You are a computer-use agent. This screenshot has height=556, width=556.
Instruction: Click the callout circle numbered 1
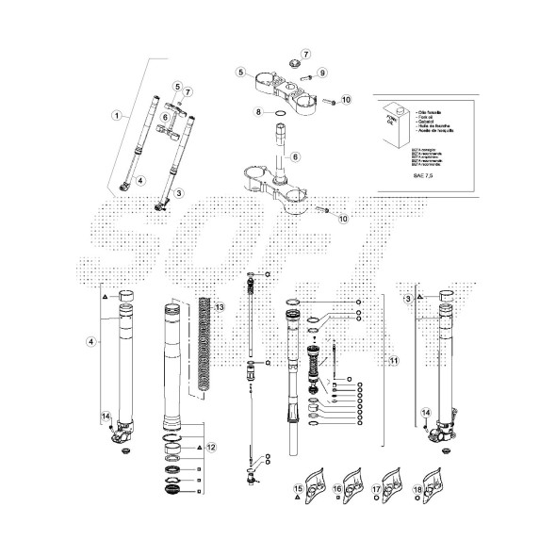coord(117,115)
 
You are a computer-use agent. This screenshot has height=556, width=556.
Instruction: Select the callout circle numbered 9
coord(321,73)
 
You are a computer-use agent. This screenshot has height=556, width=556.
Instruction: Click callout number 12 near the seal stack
coord(212,447)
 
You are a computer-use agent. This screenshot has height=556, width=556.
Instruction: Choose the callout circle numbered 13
coord(220,308)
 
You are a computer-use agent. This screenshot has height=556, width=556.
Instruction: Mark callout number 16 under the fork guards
coord(336,489)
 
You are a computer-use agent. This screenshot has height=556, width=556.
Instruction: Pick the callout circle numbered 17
coord(375,489)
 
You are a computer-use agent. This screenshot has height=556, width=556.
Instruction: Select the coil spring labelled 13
coord(207,344)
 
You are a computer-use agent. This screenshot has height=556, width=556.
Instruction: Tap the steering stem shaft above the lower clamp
coord(281,146)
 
